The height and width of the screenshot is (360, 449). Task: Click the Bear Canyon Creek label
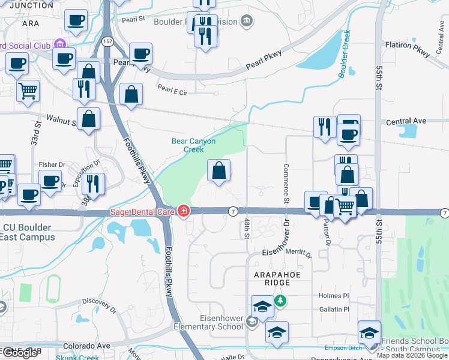click(x=193, y=145)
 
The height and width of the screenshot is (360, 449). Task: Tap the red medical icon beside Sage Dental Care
click(x=183, y=211)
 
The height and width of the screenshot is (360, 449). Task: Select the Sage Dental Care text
click(x=142, y=211)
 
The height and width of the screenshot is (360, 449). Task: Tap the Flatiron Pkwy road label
click(x=408, y=49)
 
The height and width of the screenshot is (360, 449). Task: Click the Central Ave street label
click(x=406, y=121)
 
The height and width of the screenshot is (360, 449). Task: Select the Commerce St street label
click(x=286, y=183)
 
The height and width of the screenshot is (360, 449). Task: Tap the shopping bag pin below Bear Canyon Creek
click(x=219, y=170)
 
